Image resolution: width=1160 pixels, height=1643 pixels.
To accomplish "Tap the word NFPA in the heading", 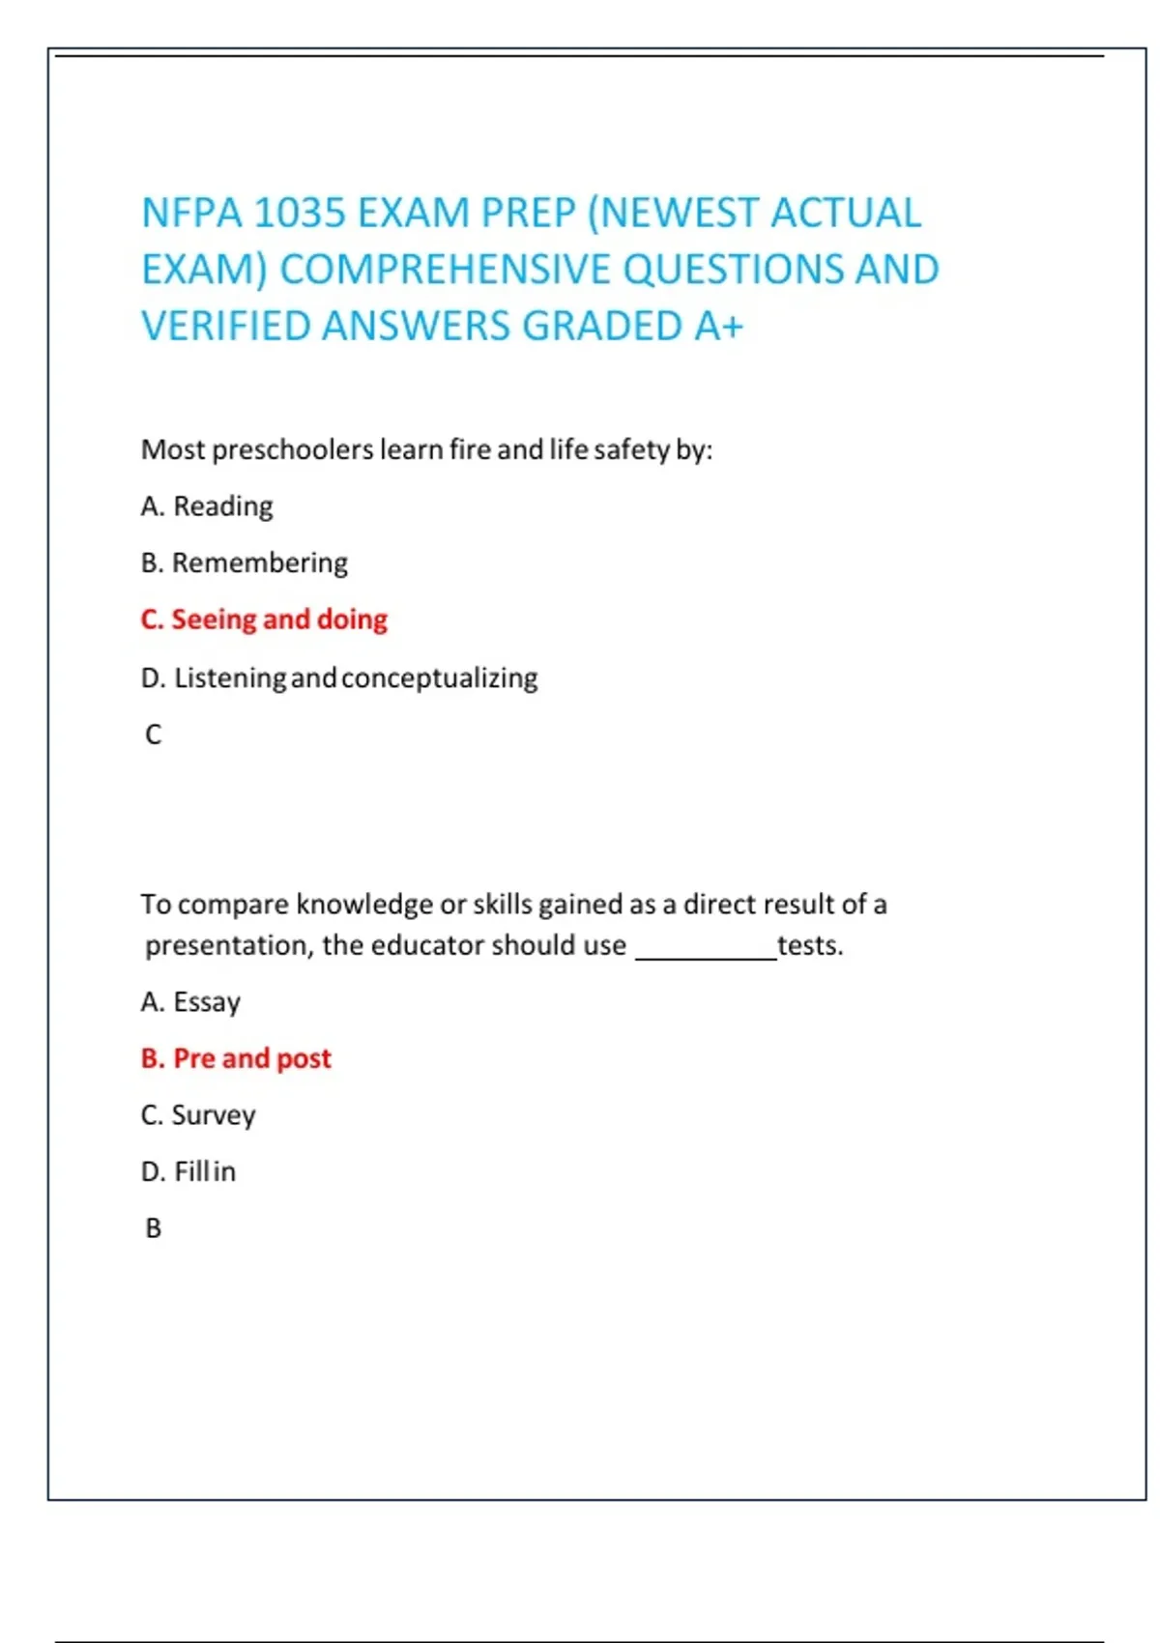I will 190,214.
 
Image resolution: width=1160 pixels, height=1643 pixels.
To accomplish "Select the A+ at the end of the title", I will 718,327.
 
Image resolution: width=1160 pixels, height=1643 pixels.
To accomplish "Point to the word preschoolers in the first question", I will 292,450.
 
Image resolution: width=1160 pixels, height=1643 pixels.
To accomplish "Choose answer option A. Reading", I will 207,506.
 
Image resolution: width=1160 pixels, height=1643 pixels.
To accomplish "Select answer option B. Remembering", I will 244,563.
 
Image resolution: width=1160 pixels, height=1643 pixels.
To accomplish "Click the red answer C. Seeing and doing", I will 264,620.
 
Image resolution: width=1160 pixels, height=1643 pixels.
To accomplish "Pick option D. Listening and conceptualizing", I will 338,678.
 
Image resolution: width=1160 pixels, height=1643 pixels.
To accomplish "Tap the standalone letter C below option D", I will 153,735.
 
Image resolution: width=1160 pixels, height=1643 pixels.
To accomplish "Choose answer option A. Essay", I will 190,1002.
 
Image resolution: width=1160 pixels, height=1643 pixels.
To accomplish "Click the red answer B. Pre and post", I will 236,1059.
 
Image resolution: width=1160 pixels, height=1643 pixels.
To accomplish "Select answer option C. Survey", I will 198,1115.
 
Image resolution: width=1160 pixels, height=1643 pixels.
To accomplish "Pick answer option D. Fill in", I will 188,1172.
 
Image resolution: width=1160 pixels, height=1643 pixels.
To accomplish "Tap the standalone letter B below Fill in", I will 153,1228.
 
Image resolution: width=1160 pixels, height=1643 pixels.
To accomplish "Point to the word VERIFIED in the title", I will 227,327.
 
